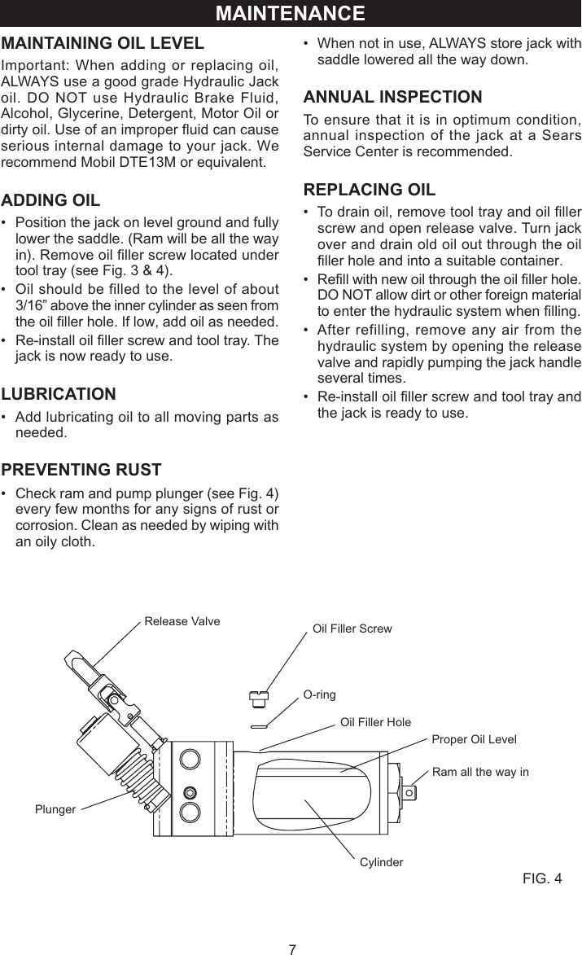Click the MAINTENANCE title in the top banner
coord(291,14)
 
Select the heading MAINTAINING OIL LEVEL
coord(103,43)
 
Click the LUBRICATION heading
coord(59,395)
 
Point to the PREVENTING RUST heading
coord(81,470)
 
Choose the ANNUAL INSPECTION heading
coord(392,97)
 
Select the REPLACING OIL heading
coord(369,190)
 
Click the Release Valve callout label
coord(182,621)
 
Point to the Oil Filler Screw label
coord(352,629)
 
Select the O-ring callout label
coord(319,694)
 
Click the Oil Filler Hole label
coord(375,722)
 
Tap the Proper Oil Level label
coord(474,739)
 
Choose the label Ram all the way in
coord(479,772)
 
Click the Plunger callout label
coord(55,809)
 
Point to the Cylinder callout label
coord(381,861)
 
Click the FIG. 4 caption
coord(541,878)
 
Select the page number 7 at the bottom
coord(291,948)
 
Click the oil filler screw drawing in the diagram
coord(258,698)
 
